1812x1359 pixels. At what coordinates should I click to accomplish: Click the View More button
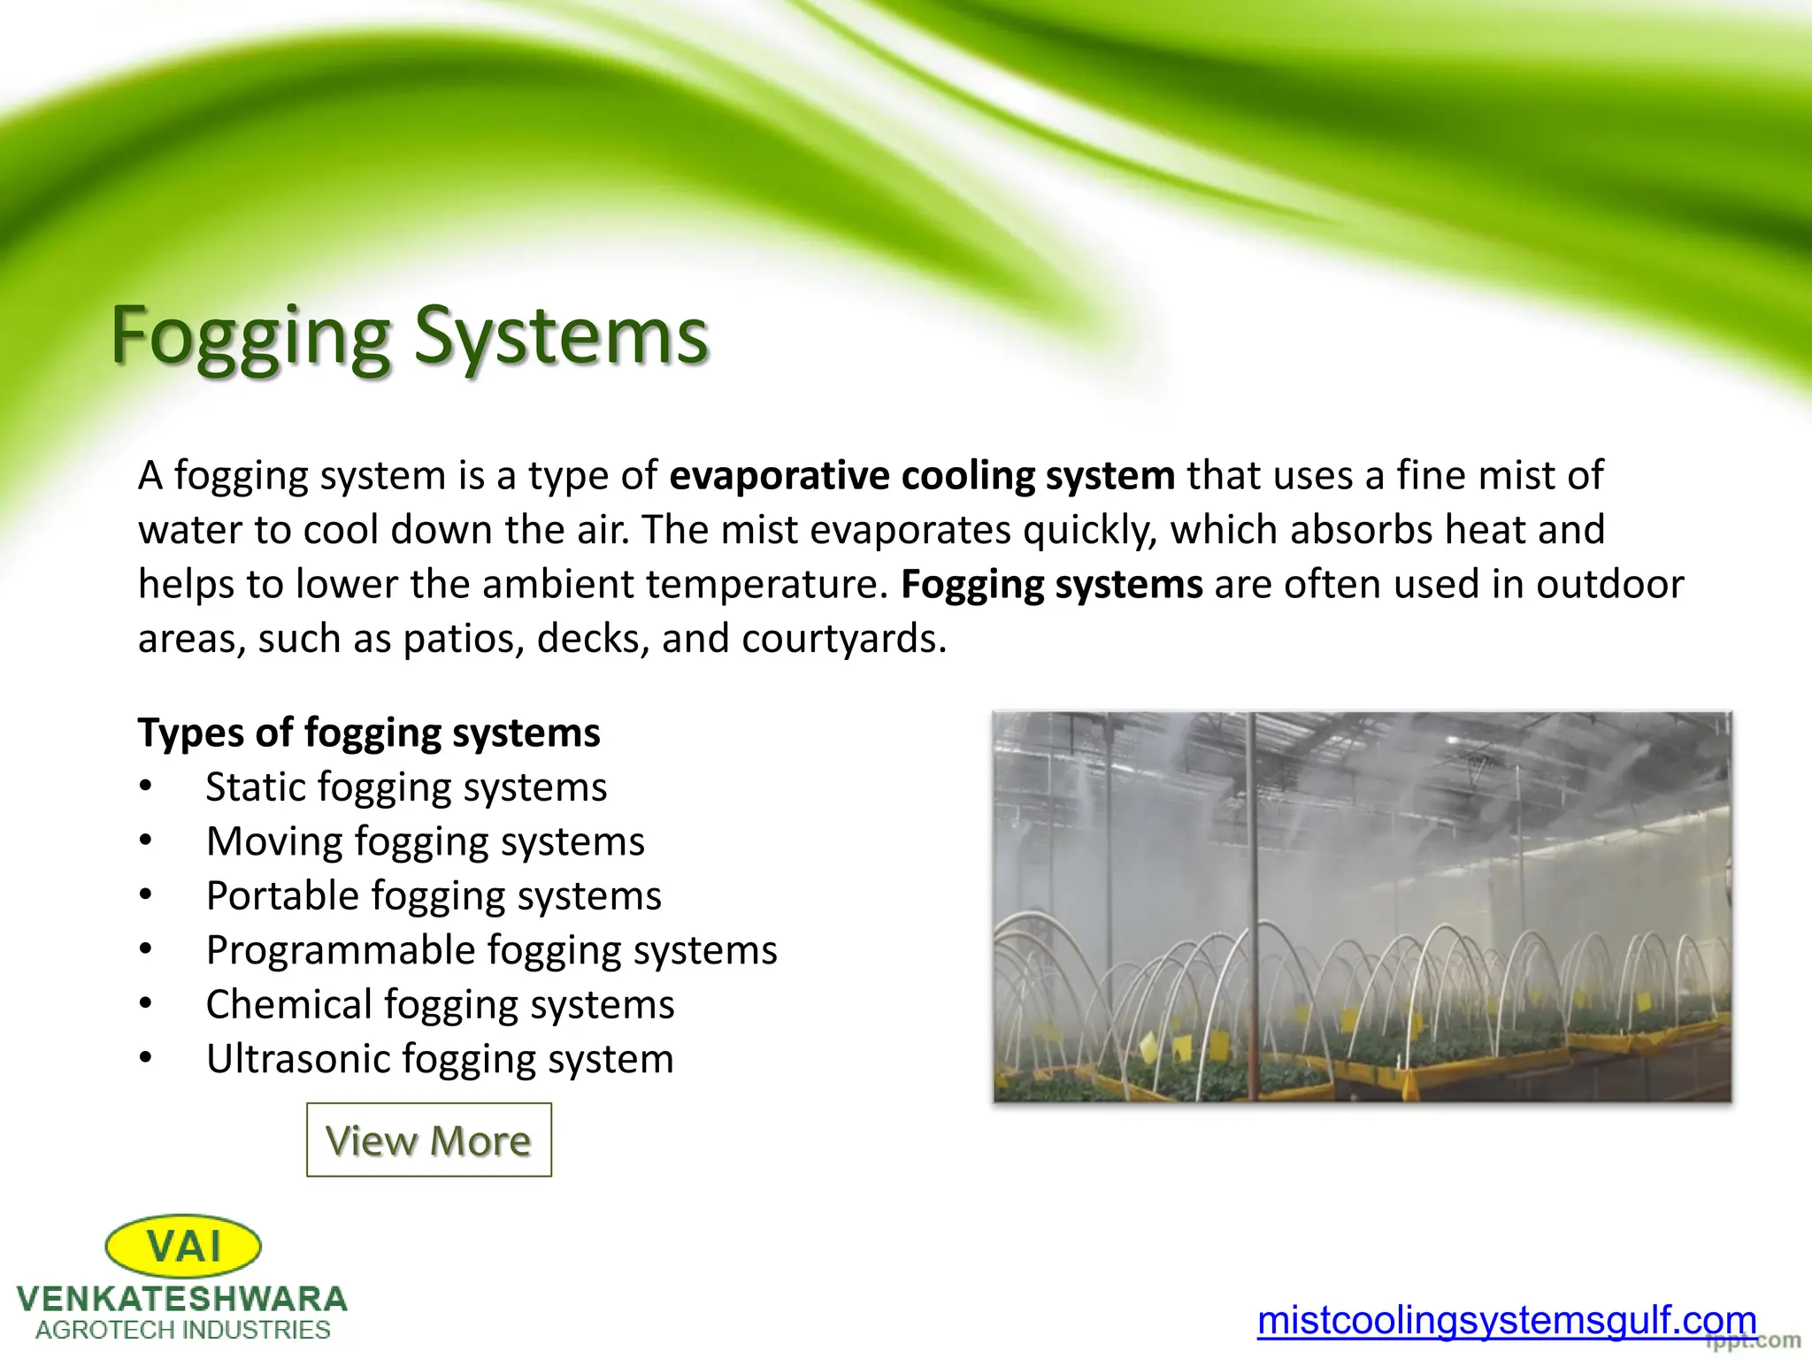[428, 1140]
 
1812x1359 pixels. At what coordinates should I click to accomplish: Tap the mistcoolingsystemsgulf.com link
[1506, 1319]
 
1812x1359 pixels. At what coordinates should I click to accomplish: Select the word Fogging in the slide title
[250, 337]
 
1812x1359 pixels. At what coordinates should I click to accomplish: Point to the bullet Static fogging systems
[406, 787]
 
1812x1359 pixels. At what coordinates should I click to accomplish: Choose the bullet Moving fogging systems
[425, 841]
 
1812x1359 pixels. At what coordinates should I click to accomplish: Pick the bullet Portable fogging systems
[434, 895]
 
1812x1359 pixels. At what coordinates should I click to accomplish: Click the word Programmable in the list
[341, 950]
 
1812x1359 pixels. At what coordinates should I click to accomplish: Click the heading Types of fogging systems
[369, 733]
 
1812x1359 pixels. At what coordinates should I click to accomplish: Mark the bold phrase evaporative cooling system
[921, 475]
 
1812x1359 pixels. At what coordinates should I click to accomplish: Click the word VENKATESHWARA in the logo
[182, 1299]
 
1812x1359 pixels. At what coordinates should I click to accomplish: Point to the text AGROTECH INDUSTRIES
[182, 1330]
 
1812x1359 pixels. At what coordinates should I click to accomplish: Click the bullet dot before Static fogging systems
[146, 787]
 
